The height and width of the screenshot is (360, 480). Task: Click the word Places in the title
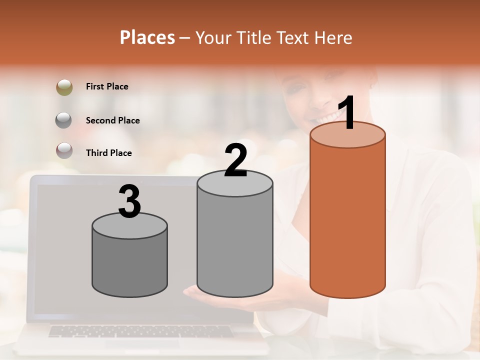[x=147, y=37]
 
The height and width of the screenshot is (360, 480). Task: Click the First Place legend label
[x=107, y=86]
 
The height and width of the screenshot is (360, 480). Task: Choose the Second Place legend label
[x=112, y=120]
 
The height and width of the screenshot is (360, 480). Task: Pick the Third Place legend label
[x=108, y=153]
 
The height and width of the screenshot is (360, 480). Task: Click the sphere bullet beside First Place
[x=64, y=87]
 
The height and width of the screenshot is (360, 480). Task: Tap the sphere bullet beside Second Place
[x=64, y=120]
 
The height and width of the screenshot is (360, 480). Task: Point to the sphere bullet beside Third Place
[x=64, y=150]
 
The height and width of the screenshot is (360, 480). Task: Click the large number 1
[x=346, y=113]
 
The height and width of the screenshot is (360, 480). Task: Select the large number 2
[x=235, y=160]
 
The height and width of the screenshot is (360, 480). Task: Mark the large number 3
[x=129, y=201]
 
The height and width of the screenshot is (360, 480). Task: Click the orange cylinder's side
[x=347, y=220]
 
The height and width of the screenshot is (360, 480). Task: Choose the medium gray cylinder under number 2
[x=235, y=240]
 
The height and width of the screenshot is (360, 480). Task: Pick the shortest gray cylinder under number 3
[x=129, y=265]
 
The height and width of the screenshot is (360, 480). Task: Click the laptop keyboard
[x=140, y=331]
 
